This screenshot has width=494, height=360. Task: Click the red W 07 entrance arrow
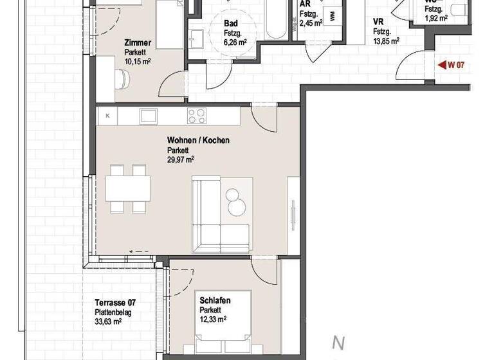[442, 64]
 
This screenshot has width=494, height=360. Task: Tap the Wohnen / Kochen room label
[198, 140]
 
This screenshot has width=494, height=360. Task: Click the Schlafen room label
[215, 300]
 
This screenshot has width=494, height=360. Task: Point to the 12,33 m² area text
[213, 319]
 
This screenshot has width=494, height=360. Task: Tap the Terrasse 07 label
[115, 303]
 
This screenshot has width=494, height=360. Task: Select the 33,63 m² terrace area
[108, 321]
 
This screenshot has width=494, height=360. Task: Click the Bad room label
[230, 24]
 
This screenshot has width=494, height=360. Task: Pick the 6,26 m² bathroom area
[235, 42]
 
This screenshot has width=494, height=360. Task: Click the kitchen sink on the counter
[149, 116]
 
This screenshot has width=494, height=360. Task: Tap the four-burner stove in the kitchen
[196, 116]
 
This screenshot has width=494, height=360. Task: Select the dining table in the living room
[128, 188]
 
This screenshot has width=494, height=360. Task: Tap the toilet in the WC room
[458, 9]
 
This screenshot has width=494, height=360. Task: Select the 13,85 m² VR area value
[386, 40]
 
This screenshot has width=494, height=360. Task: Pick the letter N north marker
[335, 343]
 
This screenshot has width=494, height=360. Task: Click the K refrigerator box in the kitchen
[107, 116]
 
